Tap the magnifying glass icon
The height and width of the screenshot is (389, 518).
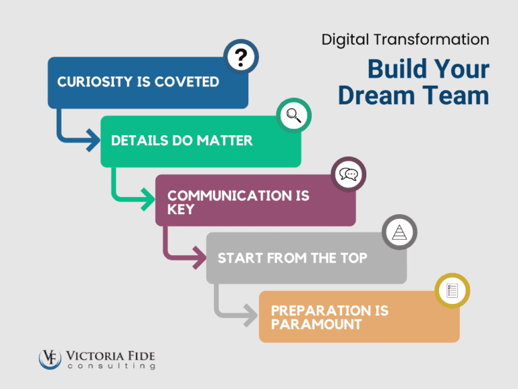(294, 115)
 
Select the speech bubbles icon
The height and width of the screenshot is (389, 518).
(348, 175)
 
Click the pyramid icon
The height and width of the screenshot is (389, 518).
(399, 233)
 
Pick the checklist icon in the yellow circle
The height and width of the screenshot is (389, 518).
(452, 291)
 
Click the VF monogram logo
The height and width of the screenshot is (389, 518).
(50, 358)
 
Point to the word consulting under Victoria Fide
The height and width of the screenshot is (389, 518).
(111, 366)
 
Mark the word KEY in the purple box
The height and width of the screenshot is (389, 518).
(181, 209)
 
